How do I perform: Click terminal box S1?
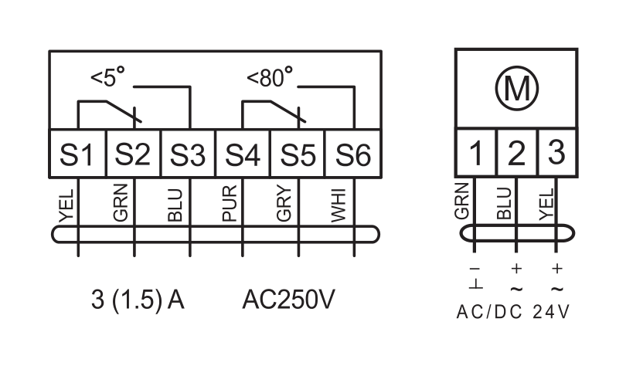(x=77, y=153)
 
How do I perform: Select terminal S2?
(x=133, y=153)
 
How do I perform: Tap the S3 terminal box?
(x=188, y=153)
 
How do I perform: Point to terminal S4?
(x=243, y=153)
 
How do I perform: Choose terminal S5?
(x=298, y=153)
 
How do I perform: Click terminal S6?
(x=353, y=153)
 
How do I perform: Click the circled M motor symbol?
(x=516, y=88)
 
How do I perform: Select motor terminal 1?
(x=476, y=152)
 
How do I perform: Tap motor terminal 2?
(x=517, y=152)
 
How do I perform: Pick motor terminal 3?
(x=557, y=152)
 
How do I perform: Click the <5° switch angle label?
(x=107, y=77)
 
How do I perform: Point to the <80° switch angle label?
(x=270, y=77)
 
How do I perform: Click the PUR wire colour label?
(x=230, y=203)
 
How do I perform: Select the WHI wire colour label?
(x=339, y=205)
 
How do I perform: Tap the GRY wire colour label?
(x=284, y=203)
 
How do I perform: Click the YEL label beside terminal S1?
(x=66, y=205)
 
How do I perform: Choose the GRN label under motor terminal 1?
(x=461, y=201)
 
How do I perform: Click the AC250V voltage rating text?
(x=288, y=300)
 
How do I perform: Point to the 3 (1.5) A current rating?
(x=138, y=300)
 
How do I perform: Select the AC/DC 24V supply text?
(x=513, y=312)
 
